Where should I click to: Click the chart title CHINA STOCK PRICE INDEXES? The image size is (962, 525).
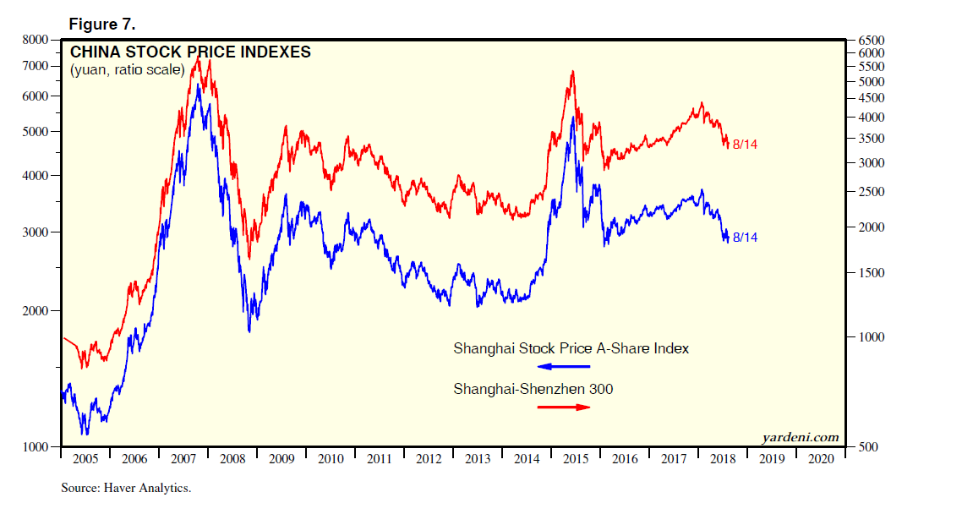[190, 52]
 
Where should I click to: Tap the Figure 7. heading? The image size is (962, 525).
[102, 24]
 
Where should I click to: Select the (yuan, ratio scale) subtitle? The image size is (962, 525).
[127, 69]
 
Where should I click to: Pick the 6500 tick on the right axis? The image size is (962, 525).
[872, 40]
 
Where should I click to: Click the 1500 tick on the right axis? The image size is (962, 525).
[872, 273]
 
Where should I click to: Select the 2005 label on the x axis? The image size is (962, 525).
[85, 458]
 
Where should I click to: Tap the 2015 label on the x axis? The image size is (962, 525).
[576, 458]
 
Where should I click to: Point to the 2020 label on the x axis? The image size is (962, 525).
[821, 458]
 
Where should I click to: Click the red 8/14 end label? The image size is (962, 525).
[745, 145]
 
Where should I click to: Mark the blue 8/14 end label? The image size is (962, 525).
[745, 238]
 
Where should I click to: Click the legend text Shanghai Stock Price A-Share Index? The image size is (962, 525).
[571, 347]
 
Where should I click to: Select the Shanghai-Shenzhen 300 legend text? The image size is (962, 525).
[533, 389]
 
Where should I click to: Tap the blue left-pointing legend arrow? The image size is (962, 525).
[564, 366]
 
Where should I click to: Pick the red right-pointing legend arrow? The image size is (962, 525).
[564, 407]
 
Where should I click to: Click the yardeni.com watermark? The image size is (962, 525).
[800, 437]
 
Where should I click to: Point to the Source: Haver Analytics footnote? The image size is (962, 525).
[126, 488]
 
